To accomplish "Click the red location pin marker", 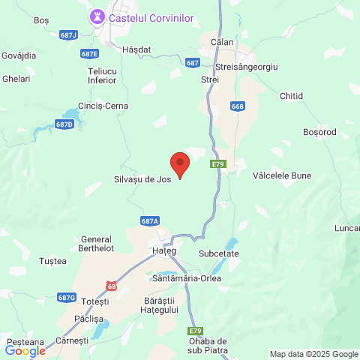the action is click(x=180, y=163).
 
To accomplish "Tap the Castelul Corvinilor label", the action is click(x=151, y=16).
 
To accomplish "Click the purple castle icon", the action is click(x=97, y=16).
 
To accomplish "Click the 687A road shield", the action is click(x=150, y=221).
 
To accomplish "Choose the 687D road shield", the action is click(x=65, y=124).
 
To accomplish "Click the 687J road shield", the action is click(x=68, y=34).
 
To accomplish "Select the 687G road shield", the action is click(x=67, y=297).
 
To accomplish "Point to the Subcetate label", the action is click(x=219, y=253).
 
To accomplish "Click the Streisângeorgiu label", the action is click(x=246, y=67).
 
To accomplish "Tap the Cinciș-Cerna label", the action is click(x=103, y=106).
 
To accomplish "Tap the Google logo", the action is click(x=25, y=351).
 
